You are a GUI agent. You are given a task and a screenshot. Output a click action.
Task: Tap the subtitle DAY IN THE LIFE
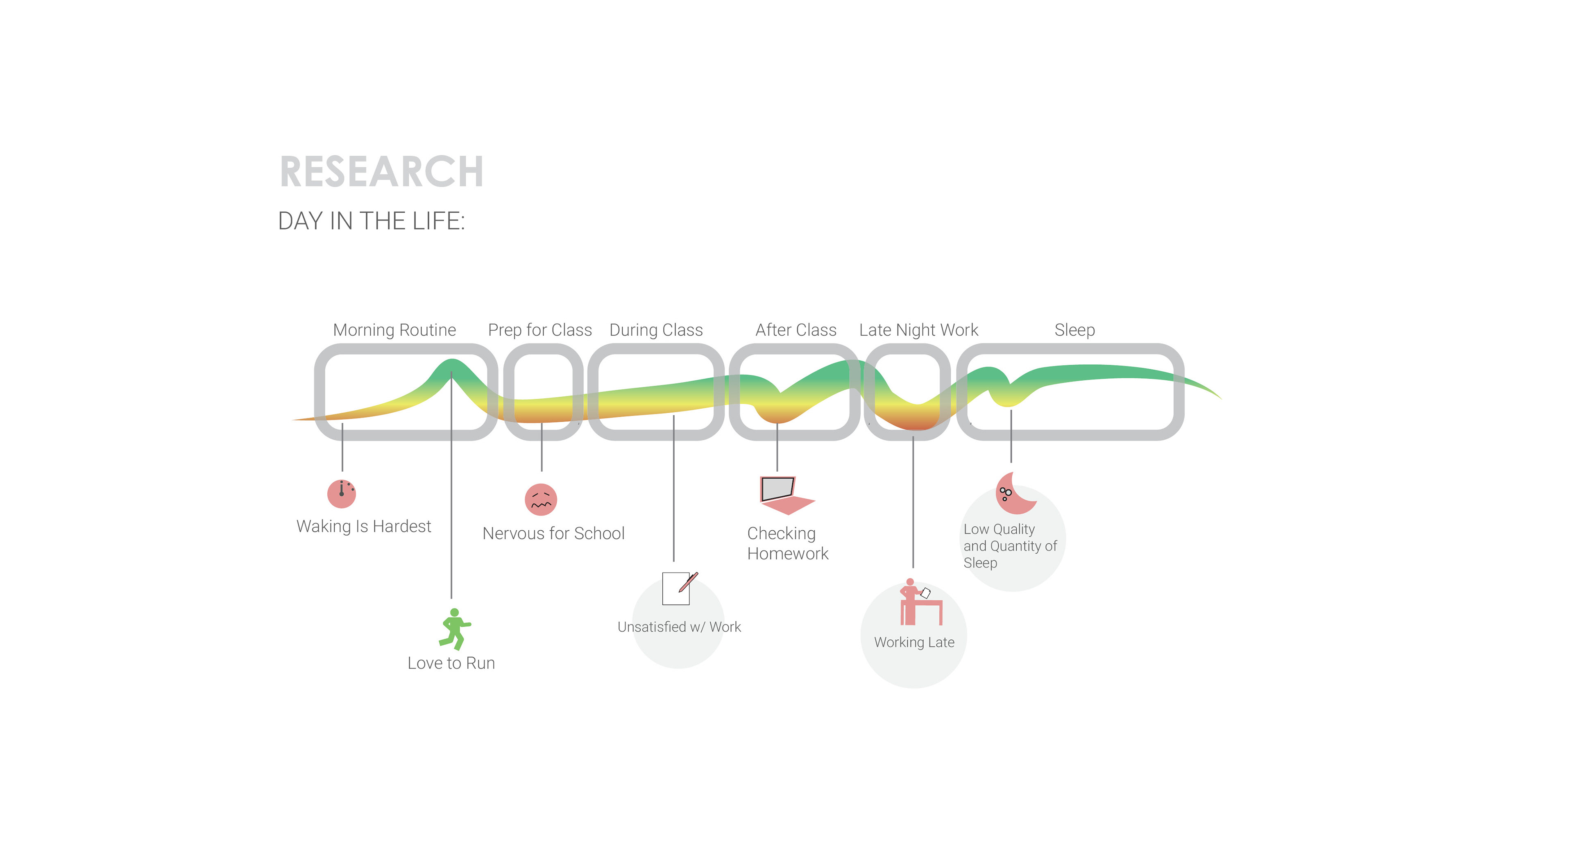point(371,221)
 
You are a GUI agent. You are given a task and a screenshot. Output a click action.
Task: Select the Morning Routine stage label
point(394,330)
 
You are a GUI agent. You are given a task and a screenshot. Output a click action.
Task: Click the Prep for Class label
point(540,330)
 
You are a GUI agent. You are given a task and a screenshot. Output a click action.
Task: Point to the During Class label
point(656,330)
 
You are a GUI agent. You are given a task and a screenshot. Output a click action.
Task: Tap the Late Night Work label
point(918,330)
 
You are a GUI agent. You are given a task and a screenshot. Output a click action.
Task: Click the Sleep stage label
point(1075,330)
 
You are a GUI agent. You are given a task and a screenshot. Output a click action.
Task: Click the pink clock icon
point(341,493)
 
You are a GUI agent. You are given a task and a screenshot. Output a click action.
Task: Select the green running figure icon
point(454,629)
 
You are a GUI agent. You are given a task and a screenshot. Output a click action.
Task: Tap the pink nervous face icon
point(541,500)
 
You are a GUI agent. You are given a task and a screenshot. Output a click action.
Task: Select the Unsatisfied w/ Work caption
point(679,627)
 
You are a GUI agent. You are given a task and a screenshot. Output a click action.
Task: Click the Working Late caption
point(914,642)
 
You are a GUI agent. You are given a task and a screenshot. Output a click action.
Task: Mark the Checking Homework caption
point(787,543)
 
